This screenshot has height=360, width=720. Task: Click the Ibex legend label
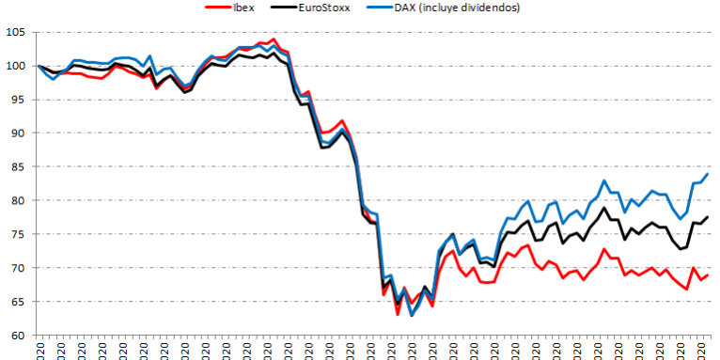tap(247, 8)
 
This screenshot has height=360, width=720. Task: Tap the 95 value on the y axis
tap(16, 100)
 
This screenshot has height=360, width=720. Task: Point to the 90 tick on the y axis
tap(16, 133)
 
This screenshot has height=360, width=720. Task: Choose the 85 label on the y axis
tap(16, 167)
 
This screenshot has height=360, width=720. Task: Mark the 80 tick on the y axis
tap(16, 201)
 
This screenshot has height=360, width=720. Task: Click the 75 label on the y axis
tap(16, 234)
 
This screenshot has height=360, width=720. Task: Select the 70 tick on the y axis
tap(16, 268)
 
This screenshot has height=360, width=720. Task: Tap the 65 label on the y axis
tap(16, 302)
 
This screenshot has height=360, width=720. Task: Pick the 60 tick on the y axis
tap(16, 336)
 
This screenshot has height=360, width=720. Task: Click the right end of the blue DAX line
tap(708, 174)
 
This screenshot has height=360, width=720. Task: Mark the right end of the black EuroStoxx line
tap(708, 217)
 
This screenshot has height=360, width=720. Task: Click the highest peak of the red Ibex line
tap(274, 39)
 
